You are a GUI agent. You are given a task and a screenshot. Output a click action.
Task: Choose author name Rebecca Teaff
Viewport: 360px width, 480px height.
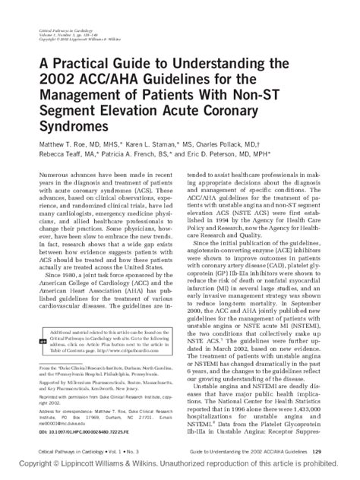56,152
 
